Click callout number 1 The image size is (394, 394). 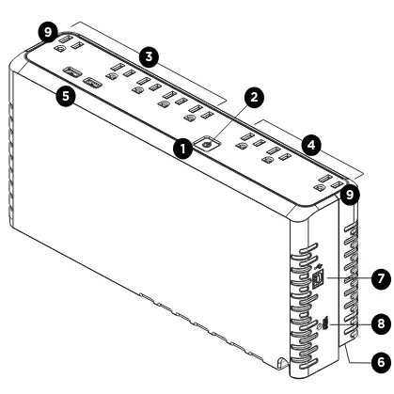183,149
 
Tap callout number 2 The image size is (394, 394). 253,97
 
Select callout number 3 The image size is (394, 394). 149,56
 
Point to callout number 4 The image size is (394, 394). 311,145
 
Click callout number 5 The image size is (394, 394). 66,95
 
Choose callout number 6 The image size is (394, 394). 381,362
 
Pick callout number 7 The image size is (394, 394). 381,278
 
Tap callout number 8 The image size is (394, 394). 381,323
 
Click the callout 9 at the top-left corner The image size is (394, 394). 48,33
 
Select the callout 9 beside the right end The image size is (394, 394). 349,195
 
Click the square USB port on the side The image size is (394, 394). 319,277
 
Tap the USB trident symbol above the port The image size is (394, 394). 318,266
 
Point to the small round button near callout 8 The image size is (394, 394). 320,325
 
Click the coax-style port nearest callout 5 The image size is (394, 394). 72,72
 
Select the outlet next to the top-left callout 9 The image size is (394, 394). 68,44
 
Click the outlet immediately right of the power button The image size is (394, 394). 251,141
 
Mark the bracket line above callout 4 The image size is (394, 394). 309,149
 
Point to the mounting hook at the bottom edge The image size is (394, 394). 282,363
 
